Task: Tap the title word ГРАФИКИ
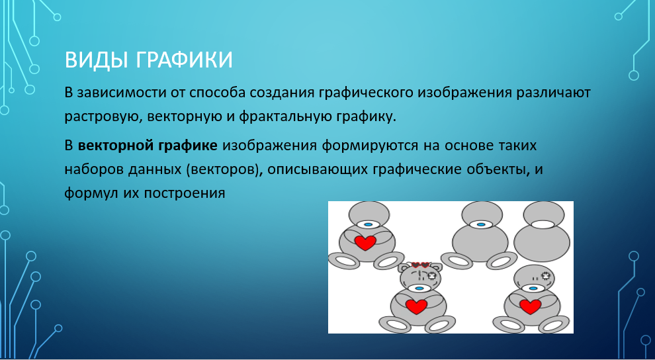(184, 60)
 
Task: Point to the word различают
(554, 93)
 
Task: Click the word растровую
(100, 117)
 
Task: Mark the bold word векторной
(116, 146)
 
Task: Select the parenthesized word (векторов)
(222, 169)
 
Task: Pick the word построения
(184, 194)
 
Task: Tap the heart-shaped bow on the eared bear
(420, 265)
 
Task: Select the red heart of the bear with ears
(416, 306)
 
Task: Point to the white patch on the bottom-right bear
(545, 276)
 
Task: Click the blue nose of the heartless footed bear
(481, 225)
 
